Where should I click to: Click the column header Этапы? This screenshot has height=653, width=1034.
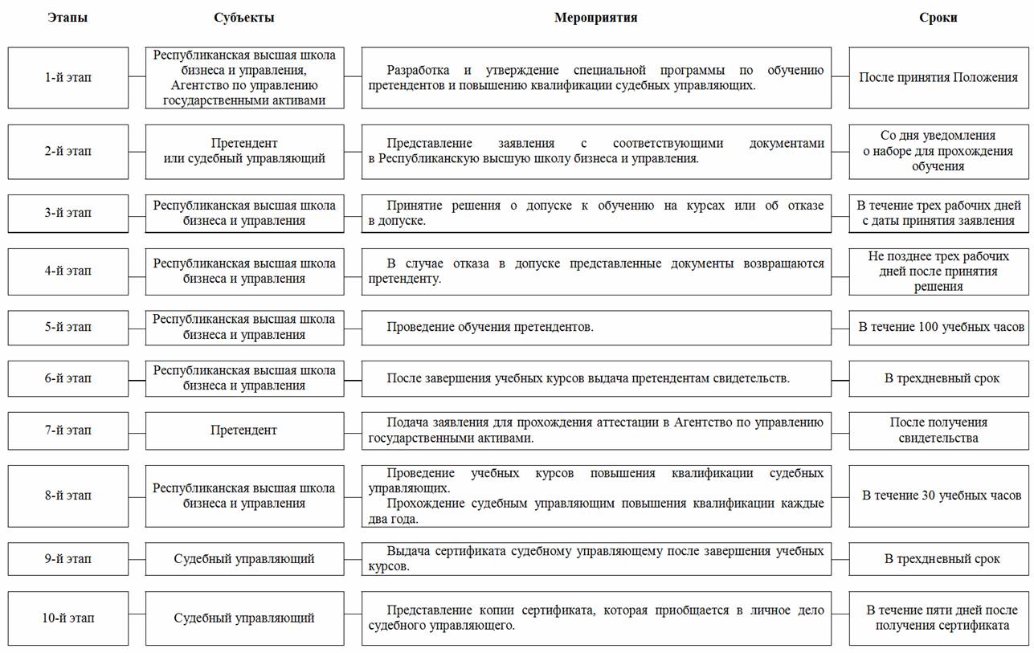[x=67, y=18]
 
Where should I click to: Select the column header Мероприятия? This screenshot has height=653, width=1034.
[x=595, y=18]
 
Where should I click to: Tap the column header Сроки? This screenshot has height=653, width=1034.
[x=938, y=18]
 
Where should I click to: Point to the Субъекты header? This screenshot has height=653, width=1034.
[x=244, y=18]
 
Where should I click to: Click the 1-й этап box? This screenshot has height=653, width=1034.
[x=67, y=78]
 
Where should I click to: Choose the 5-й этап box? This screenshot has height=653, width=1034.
[x=67, y=328]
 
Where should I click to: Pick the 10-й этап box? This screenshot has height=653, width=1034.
[x=67, y=618]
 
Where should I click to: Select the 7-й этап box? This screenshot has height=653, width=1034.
[x=67, y=431]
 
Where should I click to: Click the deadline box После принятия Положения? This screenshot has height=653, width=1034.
[x=938, y=78]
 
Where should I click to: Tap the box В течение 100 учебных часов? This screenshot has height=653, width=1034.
[x=938, y=328]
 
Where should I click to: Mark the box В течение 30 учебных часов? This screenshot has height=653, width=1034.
[x=938, y=496]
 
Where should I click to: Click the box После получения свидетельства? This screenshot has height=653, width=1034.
[x=938, y=431]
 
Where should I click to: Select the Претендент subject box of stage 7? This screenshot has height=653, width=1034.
[x=244, y=431]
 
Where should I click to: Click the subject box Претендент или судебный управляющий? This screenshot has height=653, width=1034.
[x=244, y=151]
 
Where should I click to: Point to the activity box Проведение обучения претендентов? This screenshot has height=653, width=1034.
[x=596, y=328]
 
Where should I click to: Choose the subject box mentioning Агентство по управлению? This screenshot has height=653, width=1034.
[x=244, y=78]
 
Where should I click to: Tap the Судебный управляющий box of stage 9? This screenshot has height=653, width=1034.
[x=244, y=559]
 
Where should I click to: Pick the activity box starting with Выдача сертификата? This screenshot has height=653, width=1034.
[x=596, y=559]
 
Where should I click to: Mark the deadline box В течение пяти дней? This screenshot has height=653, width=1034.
[x=938, y=618]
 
